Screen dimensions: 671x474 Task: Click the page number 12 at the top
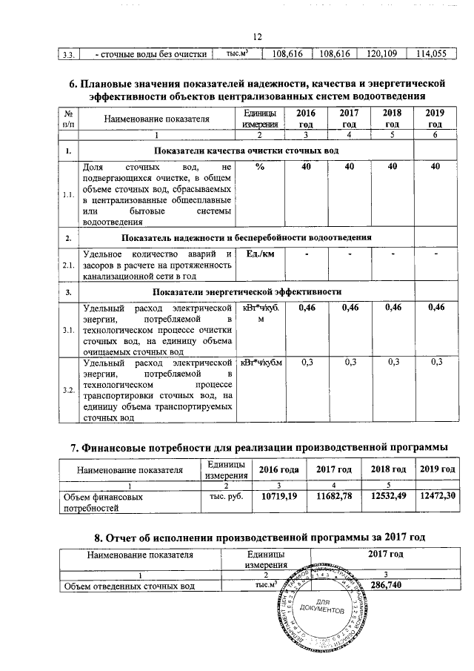[x=258, y=37]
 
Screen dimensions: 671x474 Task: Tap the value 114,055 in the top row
[x=433, y=54]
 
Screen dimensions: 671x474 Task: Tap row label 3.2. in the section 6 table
[x=68, y=391]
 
